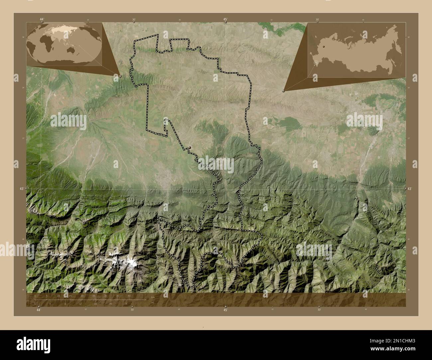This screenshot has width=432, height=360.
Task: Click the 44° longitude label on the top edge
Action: pyautogui.click(x=42, y=19)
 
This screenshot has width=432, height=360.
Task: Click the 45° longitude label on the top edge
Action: pyautogui.click(x=225, y=19)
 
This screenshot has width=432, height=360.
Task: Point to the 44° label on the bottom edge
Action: pyautogui.click(x=39, y=310)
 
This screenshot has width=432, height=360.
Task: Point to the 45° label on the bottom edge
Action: pyautogui.click(x=225, y=310)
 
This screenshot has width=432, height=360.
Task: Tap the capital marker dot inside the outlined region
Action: pyautogui.click(x=189, y=147)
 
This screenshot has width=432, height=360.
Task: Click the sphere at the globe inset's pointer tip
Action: pyautogui.click(x=120, y=76)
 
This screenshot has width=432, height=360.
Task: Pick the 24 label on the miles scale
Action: pyautogui.click(x=126, y=304)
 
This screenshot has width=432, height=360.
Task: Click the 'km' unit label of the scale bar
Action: pyautogui.click(x=153, y=297)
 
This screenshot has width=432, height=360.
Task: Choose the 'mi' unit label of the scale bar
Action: pyautogui.click(x=153, y=303)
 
